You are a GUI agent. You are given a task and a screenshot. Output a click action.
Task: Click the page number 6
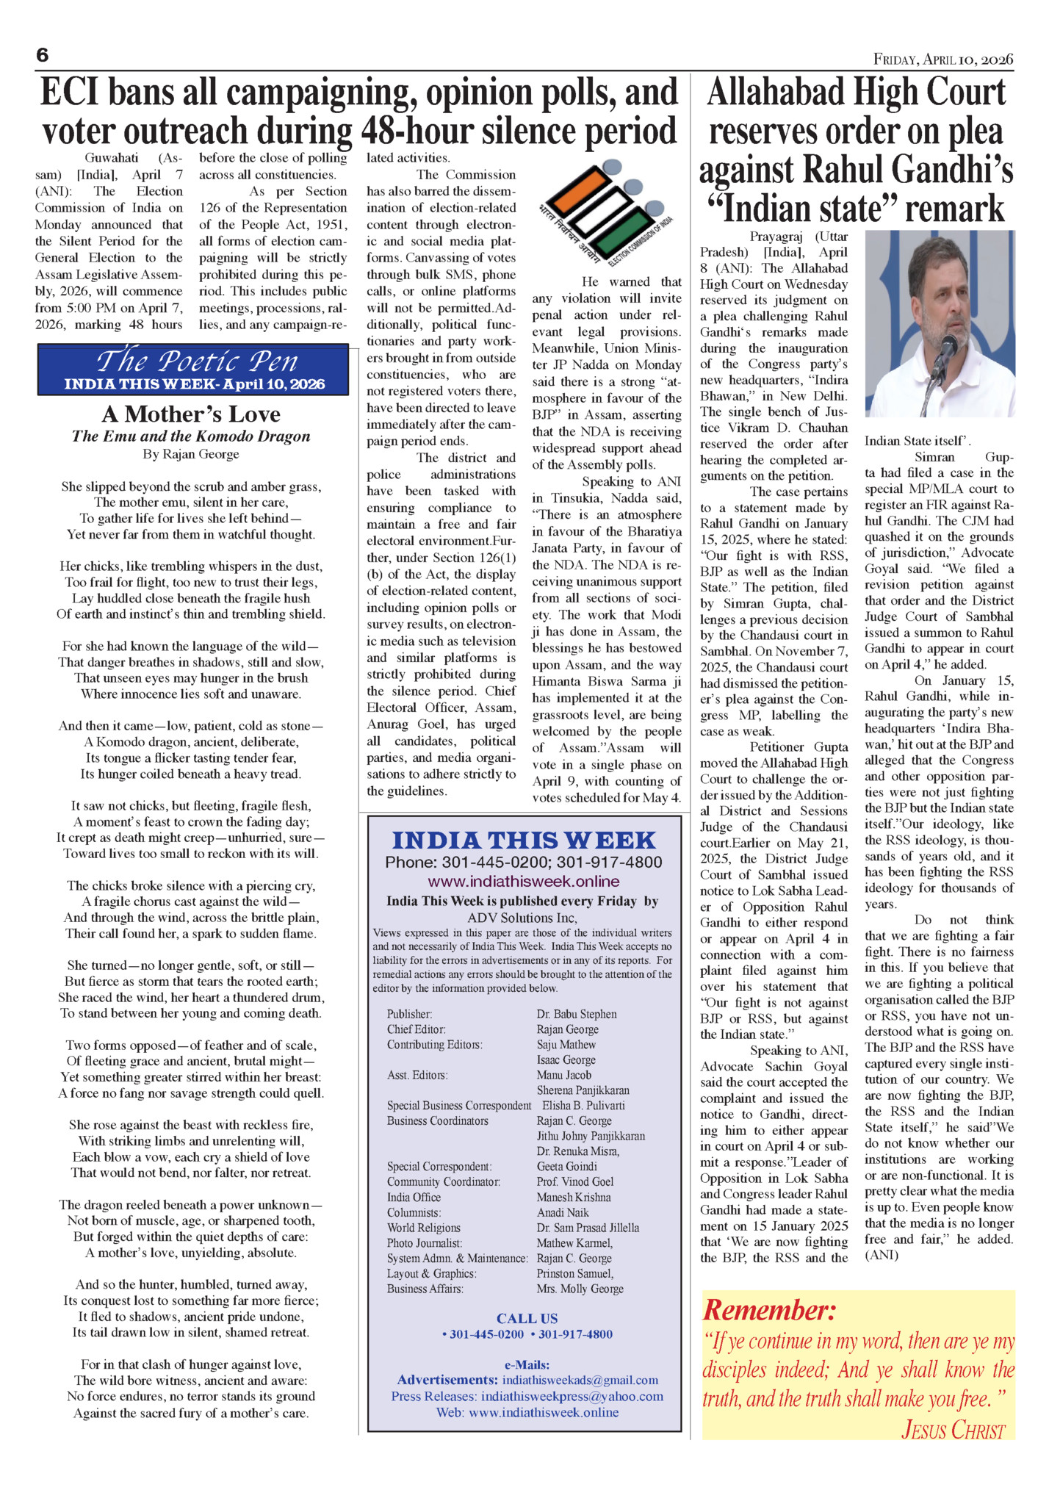(42, 56)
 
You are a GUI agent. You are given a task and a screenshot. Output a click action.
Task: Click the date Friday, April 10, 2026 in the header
(942, 60)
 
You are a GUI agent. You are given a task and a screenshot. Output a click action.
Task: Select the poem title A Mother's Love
(191, 414)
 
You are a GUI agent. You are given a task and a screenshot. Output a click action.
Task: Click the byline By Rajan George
(191, 455)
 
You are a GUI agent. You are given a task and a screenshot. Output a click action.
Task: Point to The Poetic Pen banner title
(197, 361)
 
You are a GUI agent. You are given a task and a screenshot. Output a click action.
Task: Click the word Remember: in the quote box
(769, 1310)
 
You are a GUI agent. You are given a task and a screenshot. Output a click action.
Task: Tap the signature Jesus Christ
(953, 1430)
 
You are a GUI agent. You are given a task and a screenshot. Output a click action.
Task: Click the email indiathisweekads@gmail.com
(580, 1380)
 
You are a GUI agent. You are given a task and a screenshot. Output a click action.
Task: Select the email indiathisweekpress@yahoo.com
(572, 1396)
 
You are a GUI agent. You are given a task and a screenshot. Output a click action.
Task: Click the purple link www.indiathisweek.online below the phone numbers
(524, 881)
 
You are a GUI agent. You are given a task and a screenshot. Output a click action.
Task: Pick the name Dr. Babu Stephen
(577, 1014)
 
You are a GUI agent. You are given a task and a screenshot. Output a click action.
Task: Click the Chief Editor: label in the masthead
(417, 1029)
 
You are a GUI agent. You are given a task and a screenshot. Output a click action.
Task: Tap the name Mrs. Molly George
(580, 1289)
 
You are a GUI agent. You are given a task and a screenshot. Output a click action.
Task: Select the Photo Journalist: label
(425, 1243)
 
